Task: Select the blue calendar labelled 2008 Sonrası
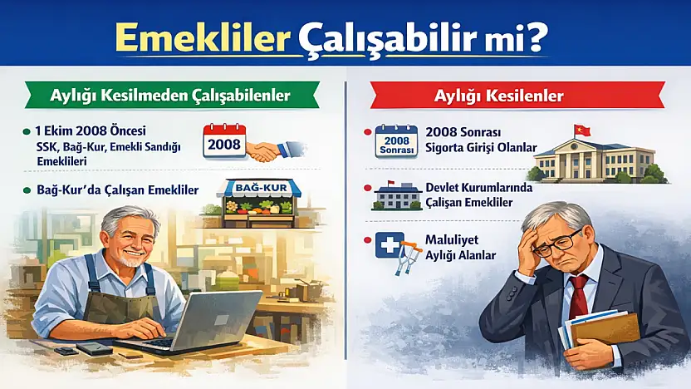click(x=395, y=140)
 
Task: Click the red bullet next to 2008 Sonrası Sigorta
click(x=366, y=132)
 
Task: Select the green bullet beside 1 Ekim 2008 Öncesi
click(x=29, y=131)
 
